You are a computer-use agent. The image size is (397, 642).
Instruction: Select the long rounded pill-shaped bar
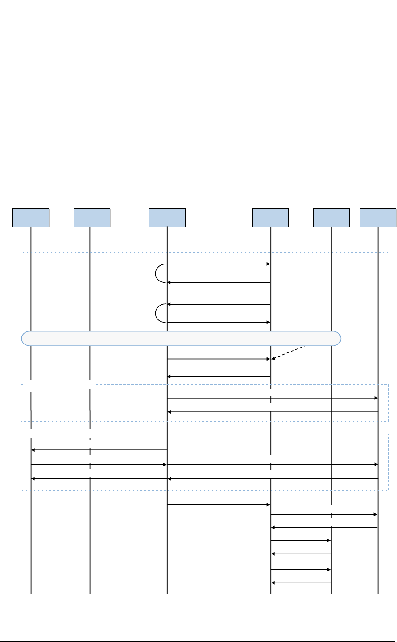[x=181, y=339]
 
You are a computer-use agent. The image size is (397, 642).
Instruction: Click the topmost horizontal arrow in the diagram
[x=219, y=264]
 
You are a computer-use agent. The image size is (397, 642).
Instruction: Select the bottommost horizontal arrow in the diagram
[x=301, y=583]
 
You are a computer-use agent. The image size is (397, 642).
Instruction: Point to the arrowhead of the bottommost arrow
[x=273, y=583]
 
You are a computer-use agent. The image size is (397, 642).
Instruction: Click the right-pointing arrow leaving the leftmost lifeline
[x=99, y=465]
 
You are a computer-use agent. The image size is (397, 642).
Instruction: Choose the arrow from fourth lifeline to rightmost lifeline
[x=324, y=515]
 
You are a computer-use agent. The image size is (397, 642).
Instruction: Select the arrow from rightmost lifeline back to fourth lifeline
[x=324, y=528]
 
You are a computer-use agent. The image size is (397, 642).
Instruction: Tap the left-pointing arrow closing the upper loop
[x=219, y=282]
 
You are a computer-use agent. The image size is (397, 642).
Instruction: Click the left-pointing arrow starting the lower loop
[x=219, y=304]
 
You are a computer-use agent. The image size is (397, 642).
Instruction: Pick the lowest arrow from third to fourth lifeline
[x=219, y=505]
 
